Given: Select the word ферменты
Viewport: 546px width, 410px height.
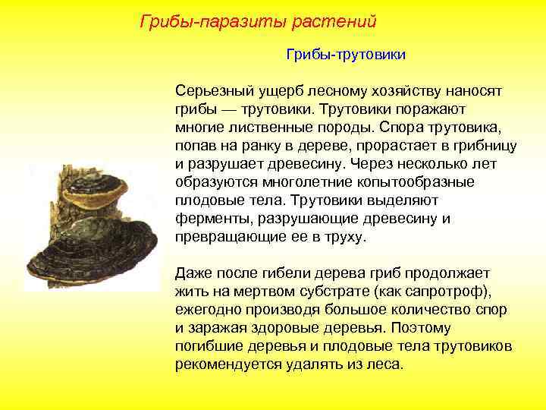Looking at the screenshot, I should (x=211, y=219).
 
